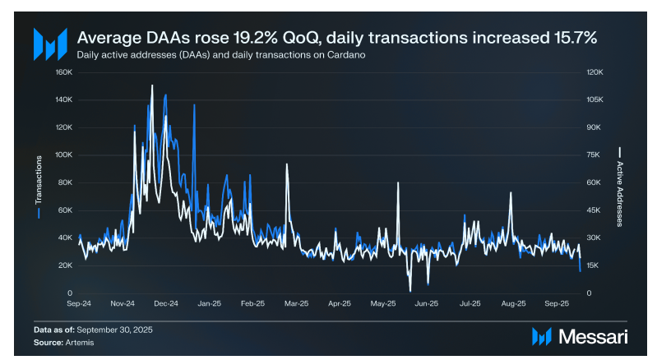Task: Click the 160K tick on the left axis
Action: pyautogui.click(x=64, y=72)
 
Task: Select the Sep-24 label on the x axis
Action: pyautogui.click(x=79, y=303)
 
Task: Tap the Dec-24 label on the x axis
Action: pyautogui.click(x=166, y=303)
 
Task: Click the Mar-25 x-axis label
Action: pyautogui.click(x=296, y=303)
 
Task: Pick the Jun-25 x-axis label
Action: pyautogui.click(x=426, y=303)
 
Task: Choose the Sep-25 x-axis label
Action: pyautogui.click(x=557, y=303)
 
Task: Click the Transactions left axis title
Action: pyautogui.click(x=39, y=182)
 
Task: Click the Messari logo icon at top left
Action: pyautogui.click(x=50, y=43)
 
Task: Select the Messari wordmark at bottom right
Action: pyautogui.click(x=591, y=336)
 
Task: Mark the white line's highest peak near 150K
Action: pyautogui.click(x=151, y=85)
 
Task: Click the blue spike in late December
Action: pyautogui.click(x=194, y=105)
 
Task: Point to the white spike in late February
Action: pyautogui.click(x=286, y=164)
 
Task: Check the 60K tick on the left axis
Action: pyautogui.click(x=66, y=210)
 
